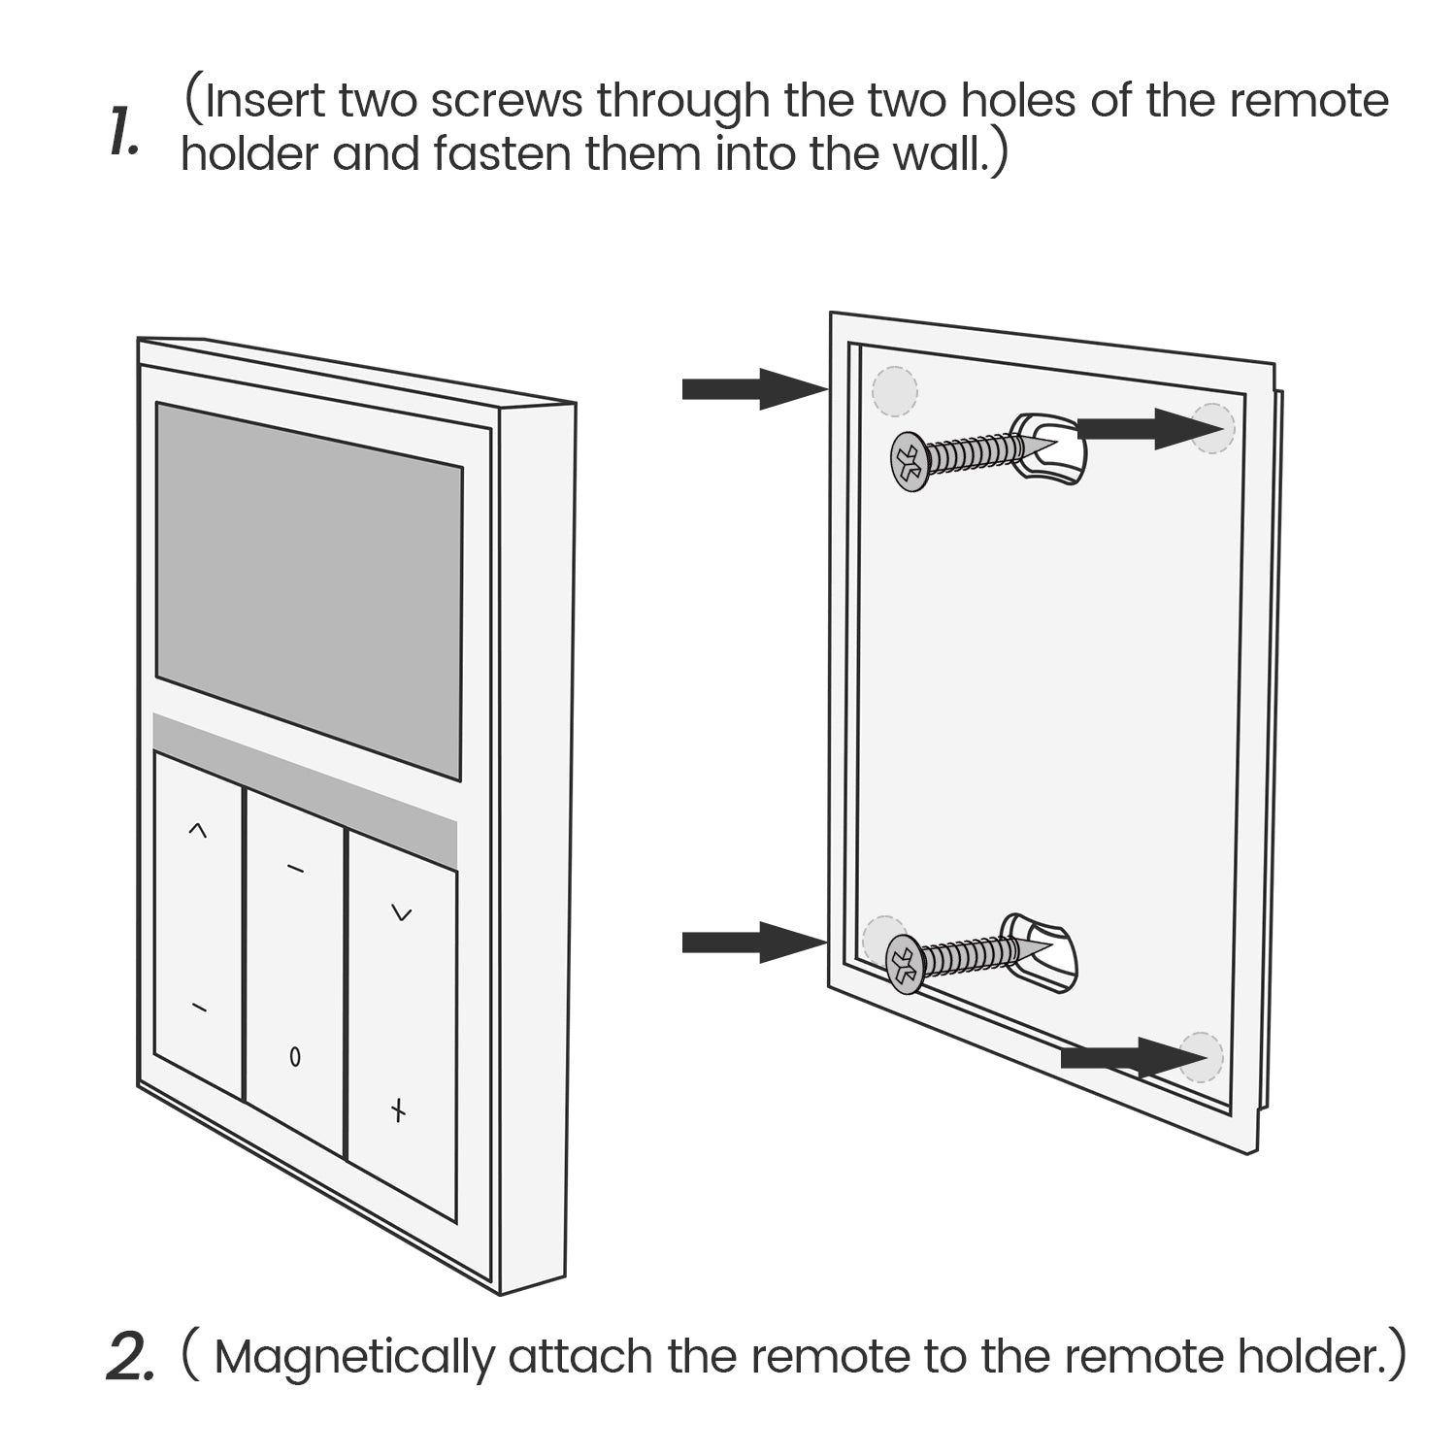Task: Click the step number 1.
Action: pos(124,133)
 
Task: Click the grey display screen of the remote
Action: pos(309,590)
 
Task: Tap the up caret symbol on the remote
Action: pos(197,830)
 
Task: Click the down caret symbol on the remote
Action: pos(401,912)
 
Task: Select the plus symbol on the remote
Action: pos(397,1110)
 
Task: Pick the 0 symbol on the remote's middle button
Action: pos(295,1057)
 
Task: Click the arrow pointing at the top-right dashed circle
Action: pos(1142,428)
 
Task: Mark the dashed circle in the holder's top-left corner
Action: pos(894,390)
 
